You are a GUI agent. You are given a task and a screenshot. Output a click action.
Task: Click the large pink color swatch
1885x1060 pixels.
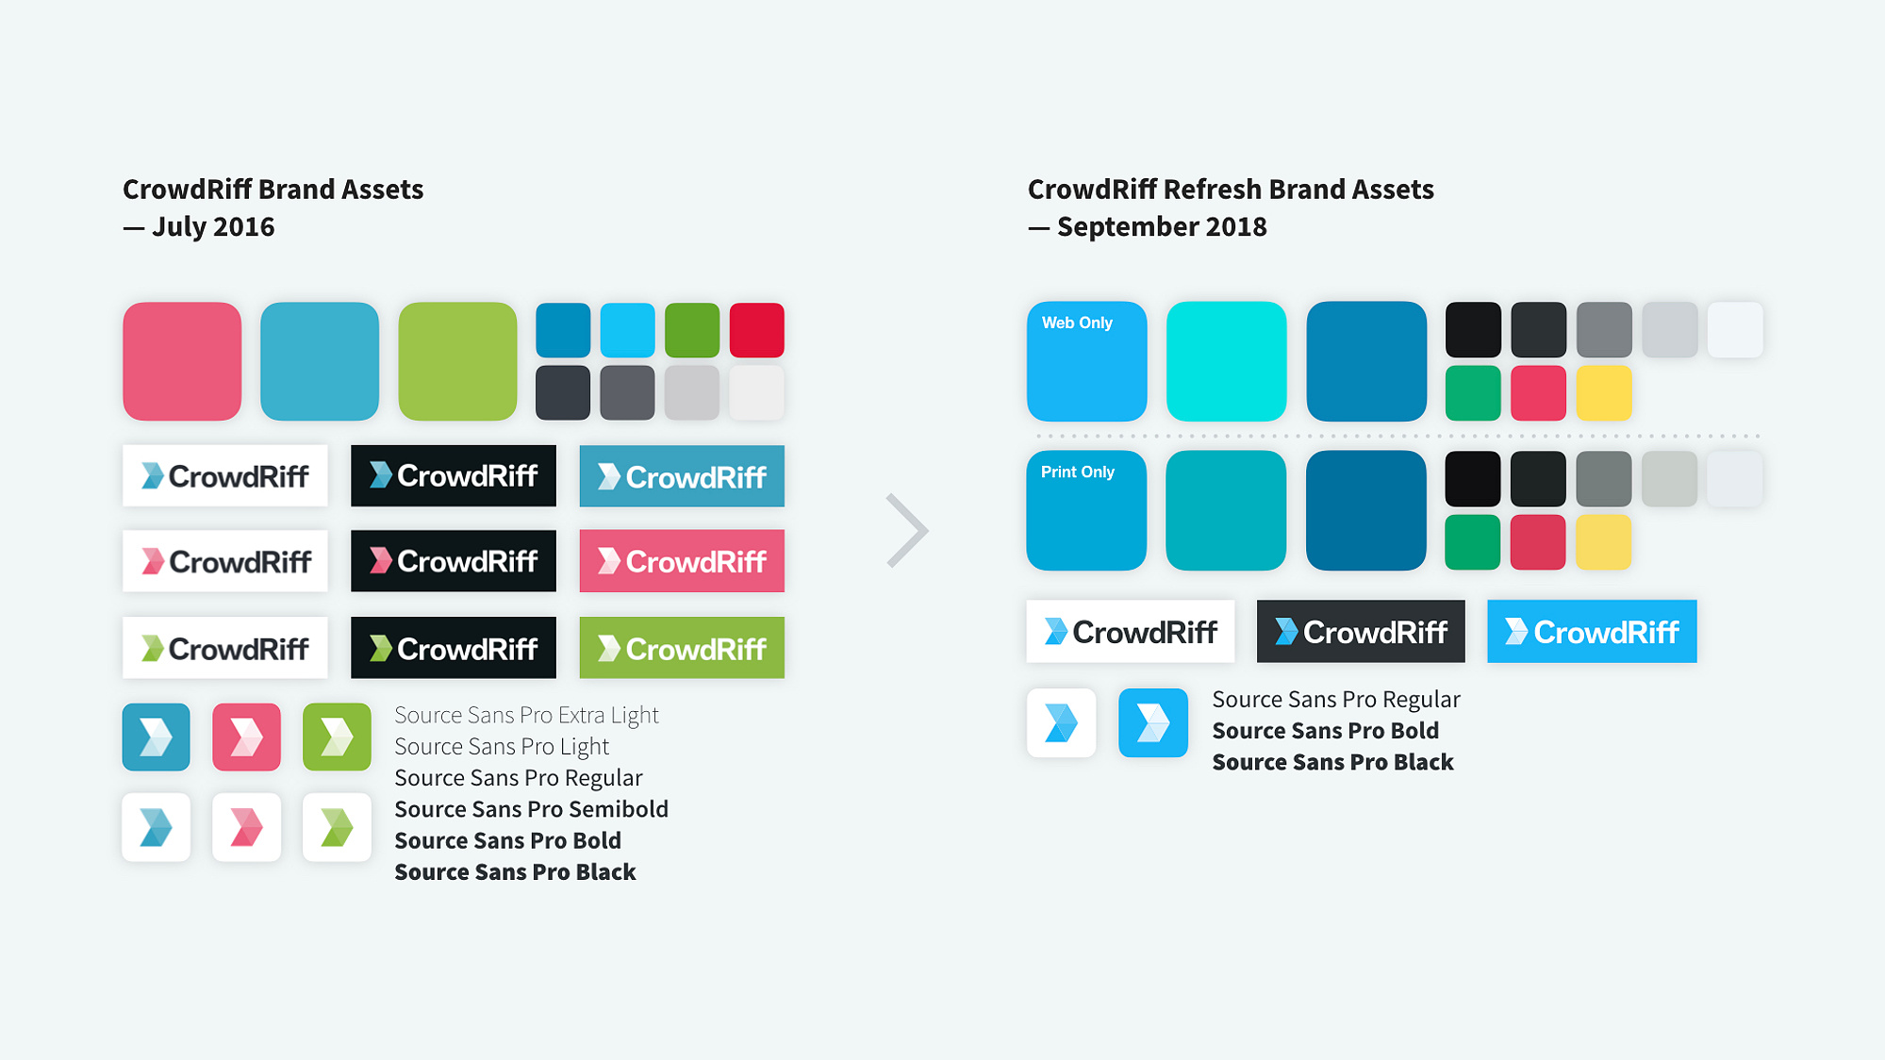(182, 361)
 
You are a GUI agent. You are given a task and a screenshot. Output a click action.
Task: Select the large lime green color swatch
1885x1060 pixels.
(457, 361)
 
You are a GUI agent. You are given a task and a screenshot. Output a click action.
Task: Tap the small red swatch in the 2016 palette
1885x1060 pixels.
(757, 330)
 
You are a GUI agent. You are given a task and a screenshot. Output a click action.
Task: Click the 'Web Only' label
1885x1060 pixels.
(1077, 323)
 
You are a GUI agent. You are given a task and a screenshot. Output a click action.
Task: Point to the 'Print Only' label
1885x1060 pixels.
(1078, 472)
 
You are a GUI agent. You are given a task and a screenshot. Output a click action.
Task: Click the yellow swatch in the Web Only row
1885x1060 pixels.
(1604, 392)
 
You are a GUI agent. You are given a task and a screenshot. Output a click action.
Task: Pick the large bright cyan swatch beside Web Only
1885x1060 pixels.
(1226, 361)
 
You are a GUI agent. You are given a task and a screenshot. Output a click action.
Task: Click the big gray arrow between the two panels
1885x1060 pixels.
(908, 530)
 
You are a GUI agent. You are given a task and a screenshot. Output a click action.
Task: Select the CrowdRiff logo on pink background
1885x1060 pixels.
(682, 561)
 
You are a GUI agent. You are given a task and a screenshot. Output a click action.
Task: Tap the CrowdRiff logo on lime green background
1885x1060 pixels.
(682, 648)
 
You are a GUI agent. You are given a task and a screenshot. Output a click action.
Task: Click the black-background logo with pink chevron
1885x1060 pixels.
(454, 561)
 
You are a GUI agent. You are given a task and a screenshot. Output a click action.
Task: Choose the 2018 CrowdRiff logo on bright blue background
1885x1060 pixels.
(1592, 631)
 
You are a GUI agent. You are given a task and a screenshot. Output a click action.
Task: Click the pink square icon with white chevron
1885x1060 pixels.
(246, 737)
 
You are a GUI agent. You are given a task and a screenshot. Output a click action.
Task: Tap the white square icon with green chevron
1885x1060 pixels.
(337, 827)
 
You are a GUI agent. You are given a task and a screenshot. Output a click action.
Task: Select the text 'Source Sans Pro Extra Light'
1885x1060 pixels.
(526, 715)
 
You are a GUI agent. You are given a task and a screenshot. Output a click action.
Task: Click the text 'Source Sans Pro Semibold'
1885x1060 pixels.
(531, 809)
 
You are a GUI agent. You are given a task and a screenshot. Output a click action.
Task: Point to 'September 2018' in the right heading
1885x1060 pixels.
(1162, 226)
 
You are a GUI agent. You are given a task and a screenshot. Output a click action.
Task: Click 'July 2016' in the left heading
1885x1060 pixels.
(213, 226)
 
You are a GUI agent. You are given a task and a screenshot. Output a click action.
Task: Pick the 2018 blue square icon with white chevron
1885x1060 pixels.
(1153, 723)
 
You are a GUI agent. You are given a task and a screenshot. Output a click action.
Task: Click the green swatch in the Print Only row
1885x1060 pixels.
(1473, 542)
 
